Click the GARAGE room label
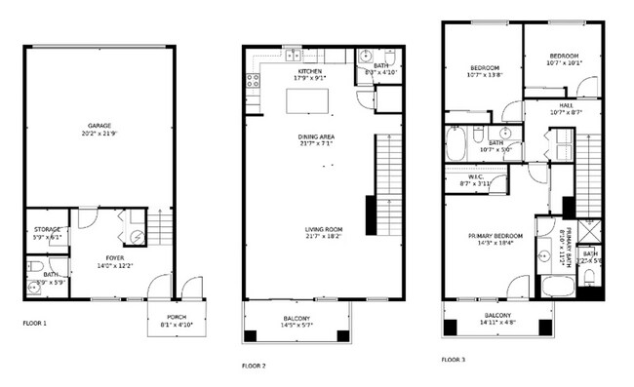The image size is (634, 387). (99, 126)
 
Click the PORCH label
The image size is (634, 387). (177, 318)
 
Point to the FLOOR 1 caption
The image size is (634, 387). (34, 321)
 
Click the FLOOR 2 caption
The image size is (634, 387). (255, 366)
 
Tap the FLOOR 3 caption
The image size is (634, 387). (453, 360)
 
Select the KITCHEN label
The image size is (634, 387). (311, 71)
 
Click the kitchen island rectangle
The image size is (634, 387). (307, 101)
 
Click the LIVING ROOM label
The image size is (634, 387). (324, 229)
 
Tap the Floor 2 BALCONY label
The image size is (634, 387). (297, 320)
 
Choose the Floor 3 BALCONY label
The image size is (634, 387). (496, 315)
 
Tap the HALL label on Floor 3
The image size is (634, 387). (566, 105)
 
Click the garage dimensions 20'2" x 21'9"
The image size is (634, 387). (99, 133)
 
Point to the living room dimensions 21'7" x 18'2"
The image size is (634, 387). (324, 236)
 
